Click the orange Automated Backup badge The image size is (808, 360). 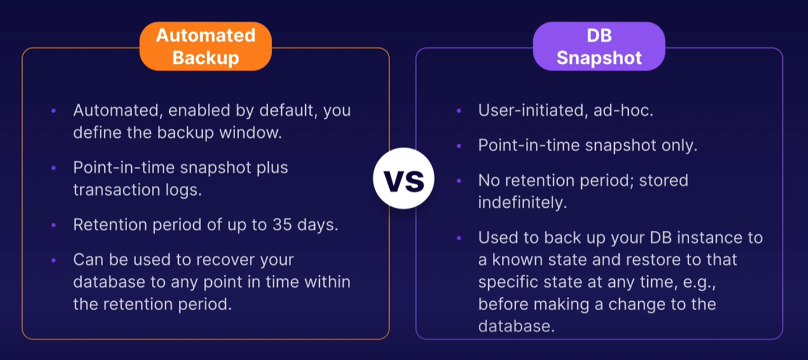coord(206,47)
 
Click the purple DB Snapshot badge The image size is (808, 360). coord(599,47)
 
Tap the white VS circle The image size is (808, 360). coord(404,178)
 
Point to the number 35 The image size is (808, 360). coord(282,224)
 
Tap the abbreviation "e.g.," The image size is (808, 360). coord(699,283)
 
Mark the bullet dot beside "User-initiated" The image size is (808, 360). coord(459,111)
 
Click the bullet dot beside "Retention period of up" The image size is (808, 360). coord(53,225)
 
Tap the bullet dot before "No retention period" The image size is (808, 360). coord(459,181)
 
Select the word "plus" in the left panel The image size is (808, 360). coord(272,168)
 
